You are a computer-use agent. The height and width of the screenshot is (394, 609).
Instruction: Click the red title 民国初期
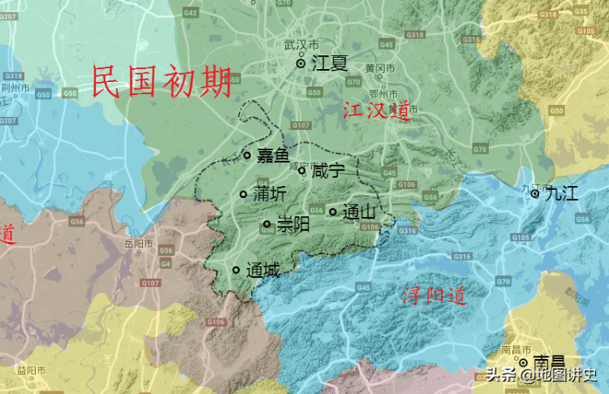(x=162, y=81)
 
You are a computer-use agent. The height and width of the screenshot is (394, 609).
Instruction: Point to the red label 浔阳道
(x=434, y=297)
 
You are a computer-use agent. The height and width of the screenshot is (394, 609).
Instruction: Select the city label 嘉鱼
(x=272, y=155)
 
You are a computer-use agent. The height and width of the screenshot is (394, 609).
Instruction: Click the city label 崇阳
(x=293, y=224)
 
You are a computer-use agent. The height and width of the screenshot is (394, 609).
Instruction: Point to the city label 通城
(x=262, y=271)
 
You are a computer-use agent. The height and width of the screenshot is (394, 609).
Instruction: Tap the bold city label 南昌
(x=549, y=362)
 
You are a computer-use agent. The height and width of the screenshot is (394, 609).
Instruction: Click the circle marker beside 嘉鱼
(x=247, y=155)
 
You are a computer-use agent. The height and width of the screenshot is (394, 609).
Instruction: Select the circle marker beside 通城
(x=236, y=270)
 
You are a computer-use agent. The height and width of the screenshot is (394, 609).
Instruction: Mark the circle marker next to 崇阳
(x=267, y=224)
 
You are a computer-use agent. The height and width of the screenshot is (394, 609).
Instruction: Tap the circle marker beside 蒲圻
(x=243, y=194)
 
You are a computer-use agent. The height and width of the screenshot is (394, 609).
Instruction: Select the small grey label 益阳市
(x=30, y=370)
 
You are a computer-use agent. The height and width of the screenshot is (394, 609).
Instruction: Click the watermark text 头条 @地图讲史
(x=542, y=375)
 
